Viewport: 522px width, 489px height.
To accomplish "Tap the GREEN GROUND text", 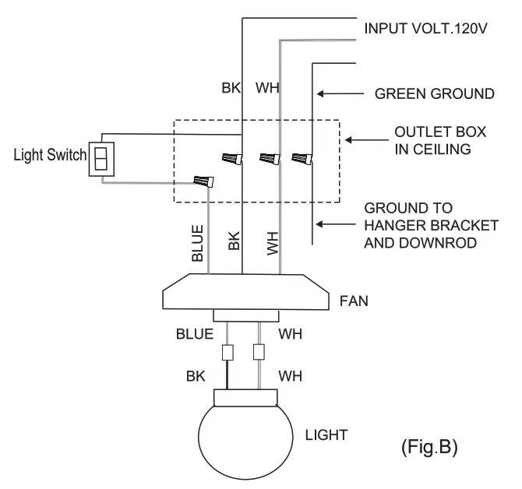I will pyautogui.click(x=434, y=93).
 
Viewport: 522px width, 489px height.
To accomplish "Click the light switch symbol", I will pyautogui.click(x=101, y=160).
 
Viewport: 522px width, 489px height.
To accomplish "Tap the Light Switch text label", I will pyautogui.click(x=48, y=155).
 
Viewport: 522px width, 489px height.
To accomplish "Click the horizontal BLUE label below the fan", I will pyautogui.click(x=194, y=334).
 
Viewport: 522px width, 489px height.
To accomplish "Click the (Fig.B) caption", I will pyautogui.click(x=429, y=448).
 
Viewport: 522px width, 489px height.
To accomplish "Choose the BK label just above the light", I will pyautogui.click(x=196, y=376).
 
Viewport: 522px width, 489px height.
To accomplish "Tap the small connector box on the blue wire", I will pyautogui.click(x=227, y=352).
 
